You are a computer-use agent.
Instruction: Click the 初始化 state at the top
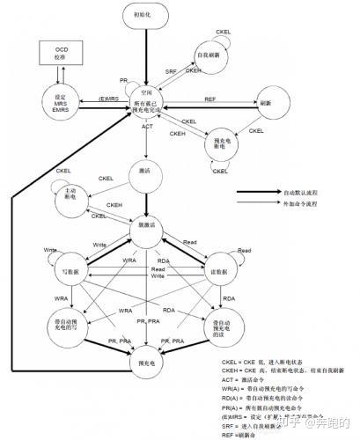147,17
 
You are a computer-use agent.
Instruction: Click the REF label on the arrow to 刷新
209,99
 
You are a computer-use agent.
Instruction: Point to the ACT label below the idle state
148,128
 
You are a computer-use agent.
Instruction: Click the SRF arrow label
171,70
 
